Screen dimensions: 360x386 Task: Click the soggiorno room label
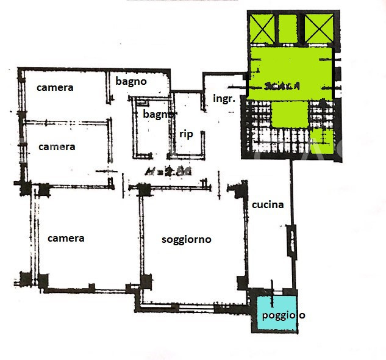tap(186, 240)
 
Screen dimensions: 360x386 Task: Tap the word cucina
tap(268, 205)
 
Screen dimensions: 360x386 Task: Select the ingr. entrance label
tap(224, 98)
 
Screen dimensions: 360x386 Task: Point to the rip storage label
tap(186, 134)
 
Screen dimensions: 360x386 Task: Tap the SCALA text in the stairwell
tap(282, 87)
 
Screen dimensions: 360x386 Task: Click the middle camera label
tap(57, 147)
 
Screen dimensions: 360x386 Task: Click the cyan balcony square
tap(276, 315)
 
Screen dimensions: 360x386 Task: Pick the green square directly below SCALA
tap(288, 114)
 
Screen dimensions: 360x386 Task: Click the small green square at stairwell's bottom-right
tap(322, 141)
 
